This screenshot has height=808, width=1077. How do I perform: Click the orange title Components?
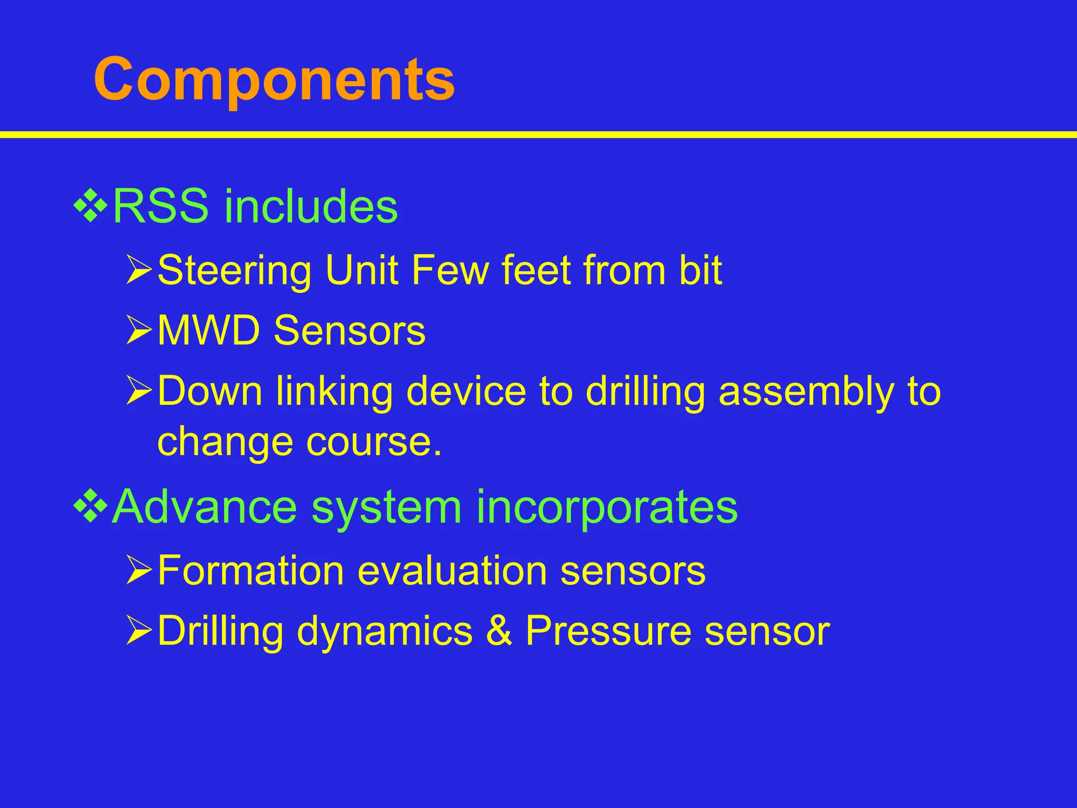click(274, 80)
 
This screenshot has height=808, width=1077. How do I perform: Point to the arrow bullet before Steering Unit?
click(139, 270)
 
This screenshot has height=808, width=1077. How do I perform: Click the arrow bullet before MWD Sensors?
click(139, 331)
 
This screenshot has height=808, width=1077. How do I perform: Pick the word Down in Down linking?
click(210, 391)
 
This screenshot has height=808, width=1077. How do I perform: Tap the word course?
click(374, 442)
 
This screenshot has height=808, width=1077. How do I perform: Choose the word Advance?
click(205, 507)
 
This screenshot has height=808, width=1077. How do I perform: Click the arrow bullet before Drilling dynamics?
click(139, 631)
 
